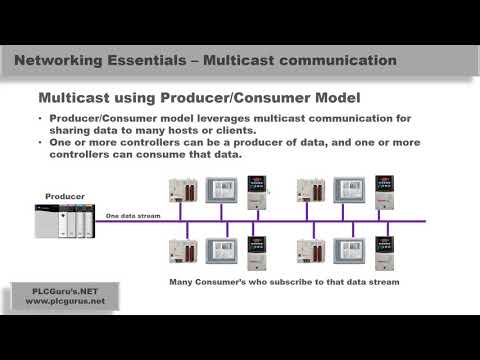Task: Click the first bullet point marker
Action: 41,120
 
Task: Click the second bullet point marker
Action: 41,143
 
